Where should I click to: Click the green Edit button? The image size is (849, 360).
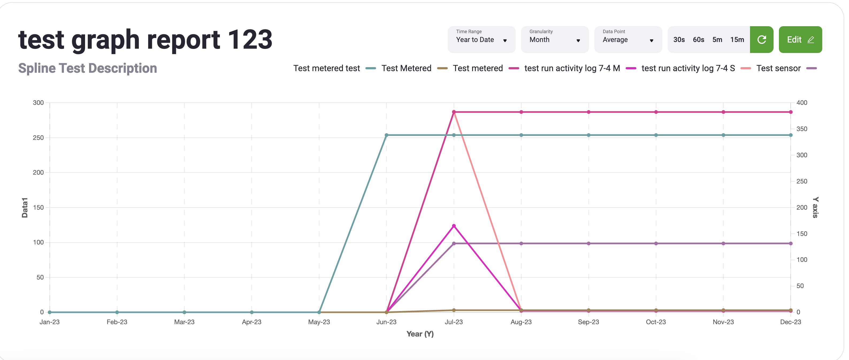pos(800,40)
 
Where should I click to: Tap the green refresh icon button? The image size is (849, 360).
pos(761,40)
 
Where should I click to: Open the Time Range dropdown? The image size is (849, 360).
pos(481,40)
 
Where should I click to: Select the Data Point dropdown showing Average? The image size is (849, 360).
pos(628,40)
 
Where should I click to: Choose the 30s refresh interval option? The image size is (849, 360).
pos(679,40)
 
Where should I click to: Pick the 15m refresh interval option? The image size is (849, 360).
pos(737,40)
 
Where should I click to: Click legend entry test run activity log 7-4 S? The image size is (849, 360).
pos(688,68)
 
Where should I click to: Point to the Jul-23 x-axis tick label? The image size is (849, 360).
pos(453,322)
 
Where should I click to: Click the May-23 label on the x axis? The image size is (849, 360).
pos(319,322)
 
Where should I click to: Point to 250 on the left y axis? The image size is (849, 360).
pos(38,138)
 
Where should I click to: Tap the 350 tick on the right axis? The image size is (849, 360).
pos(802,129)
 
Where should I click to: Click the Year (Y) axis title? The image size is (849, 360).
pos(420,334)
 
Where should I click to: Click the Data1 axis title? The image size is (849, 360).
pos(25,208)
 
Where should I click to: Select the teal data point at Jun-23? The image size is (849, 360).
pos(386,135)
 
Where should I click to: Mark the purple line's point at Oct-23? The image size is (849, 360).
pos(656,244)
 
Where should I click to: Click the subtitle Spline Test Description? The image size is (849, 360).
pos(87,68)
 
